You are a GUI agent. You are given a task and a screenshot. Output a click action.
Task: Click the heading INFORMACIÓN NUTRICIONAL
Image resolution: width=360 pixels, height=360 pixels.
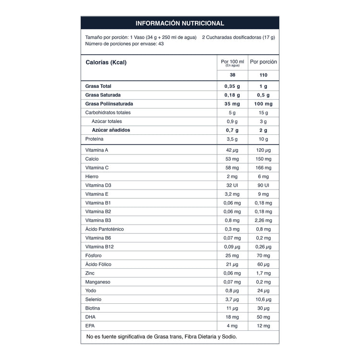180,23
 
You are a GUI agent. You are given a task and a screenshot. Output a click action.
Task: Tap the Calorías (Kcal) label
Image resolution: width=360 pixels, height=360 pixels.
106,62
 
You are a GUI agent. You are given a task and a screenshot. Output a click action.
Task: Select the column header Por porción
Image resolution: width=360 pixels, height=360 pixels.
264,62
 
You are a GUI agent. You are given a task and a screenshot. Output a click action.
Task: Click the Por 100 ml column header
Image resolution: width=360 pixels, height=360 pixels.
232,62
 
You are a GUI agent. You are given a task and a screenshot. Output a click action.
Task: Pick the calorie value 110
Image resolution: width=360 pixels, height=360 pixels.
264,75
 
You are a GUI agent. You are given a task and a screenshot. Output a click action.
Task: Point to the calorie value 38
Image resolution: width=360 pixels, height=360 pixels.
232,75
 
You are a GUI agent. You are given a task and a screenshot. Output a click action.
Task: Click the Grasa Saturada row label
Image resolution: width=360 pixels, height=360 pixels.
103,95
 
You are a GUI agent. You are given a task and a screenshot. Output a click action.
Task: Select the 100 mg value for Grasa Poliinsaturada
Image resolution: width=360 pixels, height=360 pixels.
264,104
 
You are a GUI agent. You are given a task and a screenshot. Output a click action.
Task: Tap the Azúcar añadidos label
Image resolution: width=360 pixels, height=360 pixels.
111,130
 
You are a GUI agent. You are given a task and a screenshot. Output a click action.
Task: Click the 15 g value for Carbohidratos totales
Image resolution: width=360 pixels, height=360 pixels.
264,112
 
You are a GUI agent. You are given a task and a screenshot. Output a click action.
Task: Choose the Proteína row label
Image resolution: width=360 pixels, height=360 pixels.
95,139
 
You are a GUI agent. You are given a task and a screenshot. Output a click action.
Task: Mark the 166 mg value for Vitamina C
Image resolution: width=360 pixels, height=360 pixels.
264,168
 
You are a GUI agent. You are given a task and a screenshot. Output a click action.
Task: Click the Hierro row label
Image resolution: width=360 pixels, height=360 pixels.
92,177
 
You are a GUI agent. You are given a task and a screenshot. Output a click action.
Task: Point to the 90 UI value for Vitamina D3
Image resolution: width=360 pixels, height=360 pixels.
264,185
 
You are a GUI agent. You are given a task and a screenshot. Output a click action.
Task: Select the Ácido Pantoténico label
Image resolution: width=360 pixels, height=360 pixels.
104,229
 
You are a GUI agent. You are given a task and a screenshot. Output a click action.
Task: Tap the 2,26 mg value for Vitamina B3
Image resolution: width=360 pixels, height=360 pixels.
264,220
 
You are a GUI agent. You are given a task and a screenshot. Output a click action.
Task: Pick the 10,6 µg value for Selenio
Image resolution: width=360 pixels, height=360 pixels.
264,299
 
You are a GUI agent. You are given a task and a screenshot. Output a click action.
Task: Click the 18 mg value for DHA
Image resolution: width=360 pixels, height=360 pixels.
232,317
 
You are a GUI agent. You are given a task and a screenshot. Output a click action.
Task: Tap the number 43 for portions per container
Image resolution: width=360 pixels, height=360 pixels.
161,44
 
